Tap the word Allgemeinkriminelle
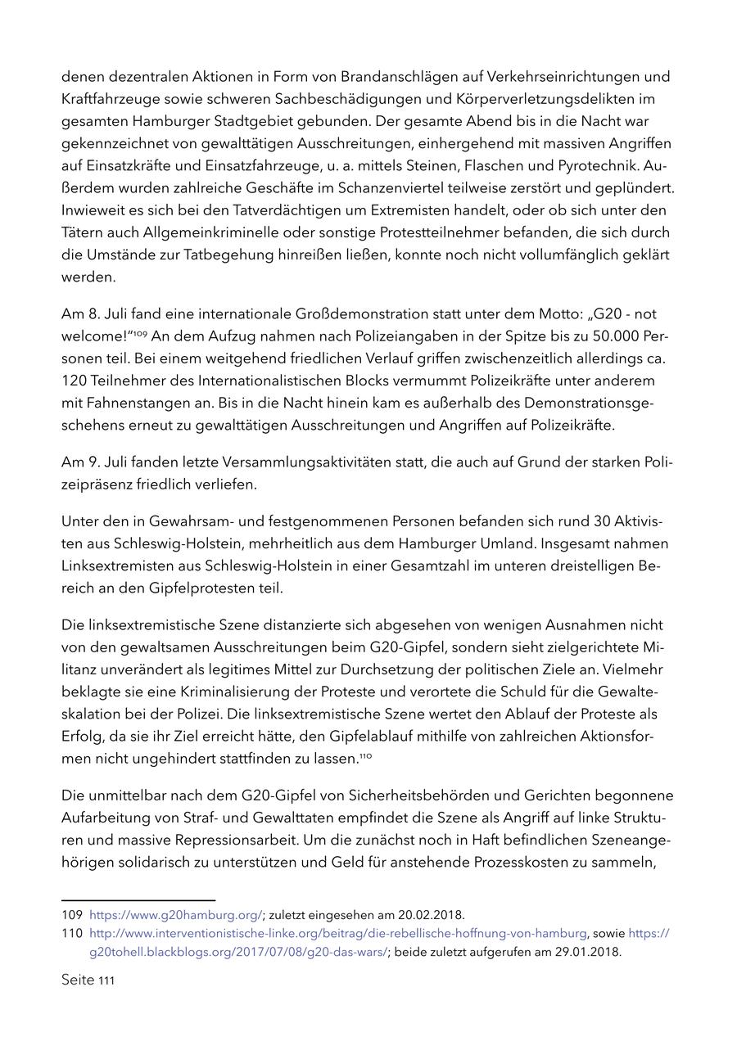[191, 232]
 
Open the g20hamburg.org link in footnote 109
[175, 914]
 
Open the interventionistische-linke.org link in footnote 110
[337, 933]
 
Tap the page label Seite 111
[88, 980]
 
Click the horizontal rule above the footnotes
[138, 899]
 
